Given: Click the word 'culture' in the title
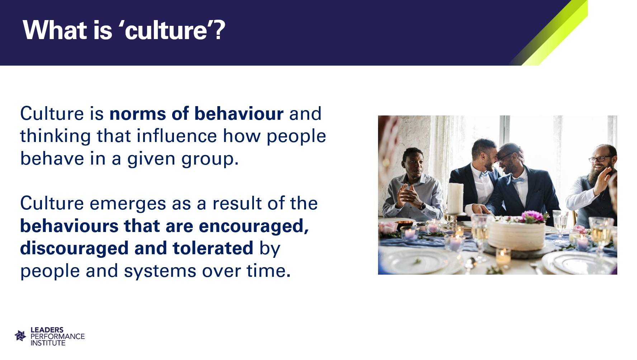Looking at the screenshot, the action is tap(166, 30).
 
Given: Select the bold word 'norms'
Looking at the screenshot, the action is tap(138, 114).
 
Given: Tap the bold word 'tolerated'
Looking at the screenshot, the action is tap(213, 248).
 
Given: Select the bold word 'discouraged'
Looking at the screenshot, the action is tap(74, 248).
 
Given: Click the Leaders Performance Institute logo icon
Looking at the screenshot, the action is tap(20, 336).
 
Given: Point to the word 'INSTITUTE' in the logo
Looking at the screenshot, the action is tap(48, 343).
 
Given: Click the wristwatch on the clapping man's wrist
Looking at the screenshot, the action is tap(423, 206).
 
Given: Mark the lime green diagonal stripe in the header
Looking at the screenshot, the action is tap(555, 33).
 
